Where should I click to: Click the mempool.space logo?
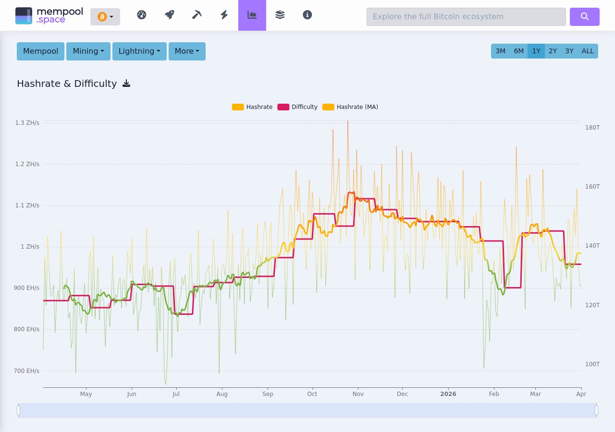click(x=49, y=15)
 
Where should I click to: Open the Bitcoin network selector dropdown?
click(x=105, y=17)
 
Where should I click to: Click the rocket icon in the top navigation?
click(x=169, y=15)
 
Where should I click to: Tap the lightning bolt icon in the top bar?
click(x=224, y=15)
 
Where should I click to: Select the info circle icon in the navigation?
click(x=307, y=15)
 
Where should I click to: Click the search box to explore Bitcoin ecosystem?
click(x=466, y=17)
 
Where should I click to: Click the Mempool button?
click(x=40, y=51)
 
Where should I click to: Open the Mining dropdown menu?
click(x=88, y=51)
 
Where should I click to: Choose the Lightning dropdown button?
click(x=139, y=51)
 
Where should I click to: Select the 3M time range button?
click(x=500, y=51)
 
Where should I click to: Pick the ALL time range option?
click(x=588, y=51)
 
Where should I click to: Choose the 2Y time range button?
click(x=553, y=51)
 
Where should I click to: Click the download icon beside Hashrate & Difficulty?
click(x=126, y=84)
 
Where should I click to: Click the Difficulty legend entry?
click(x=297, y=107)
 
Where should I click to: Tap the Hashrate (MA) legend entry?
click(x=350, y=107)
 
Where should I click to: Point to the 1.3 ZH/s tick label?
click(x=27, y=123)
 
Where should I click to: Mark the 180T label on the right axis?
click(x=592, y=128)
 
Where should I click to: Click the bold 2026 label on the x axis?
click(x=448, y=394)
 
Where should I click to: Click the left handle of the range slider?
click(x=19, y=410)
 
